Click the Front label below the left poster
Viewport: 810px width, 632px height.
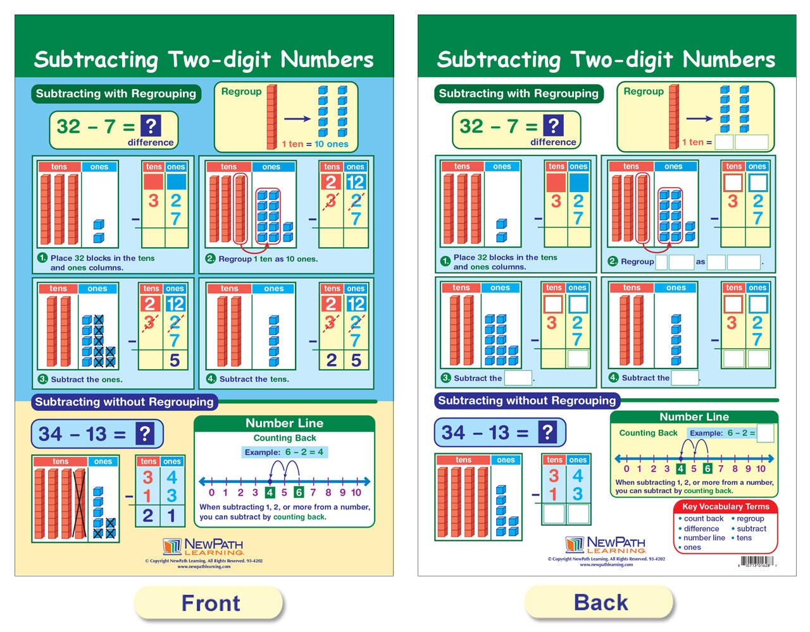(210, 603)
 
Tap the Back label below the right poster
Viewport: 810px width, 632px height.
(601, 602)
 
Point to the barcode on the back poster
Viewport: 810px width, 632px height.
(756, 561)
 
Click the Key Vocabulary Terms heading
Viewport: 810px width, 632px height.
(725, 506)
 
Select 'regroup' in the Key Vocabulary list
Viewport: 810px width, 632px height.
(751, 518)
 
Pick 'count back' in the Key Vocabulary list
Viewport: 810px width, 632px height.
(703, 518)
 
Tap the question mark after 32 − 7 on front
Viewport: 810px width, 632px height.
(150, 126)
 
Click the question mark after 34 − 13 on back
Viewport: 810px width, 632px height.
(547, 432)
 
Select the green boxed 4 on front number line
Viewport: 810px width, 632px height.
(270, 492)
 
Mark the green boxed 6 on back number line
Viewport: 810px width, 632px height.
(707, 469)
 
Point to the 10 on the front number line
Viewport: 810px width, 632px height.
(356, 492)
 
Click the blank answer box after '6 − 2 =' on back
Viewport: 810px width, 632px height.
(765, 433)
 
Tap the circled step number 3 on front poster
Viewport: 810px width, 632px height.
(42, 379)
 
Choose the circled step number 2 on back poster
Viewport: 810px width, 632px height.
(613, 261)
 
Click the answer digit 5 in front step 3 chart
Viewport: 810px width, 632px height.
(175, 360)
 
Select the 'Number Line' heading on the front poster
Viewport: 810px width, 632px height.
(284, 423)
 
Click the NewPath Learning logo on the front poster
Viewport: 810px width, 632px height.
(203, 547)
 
